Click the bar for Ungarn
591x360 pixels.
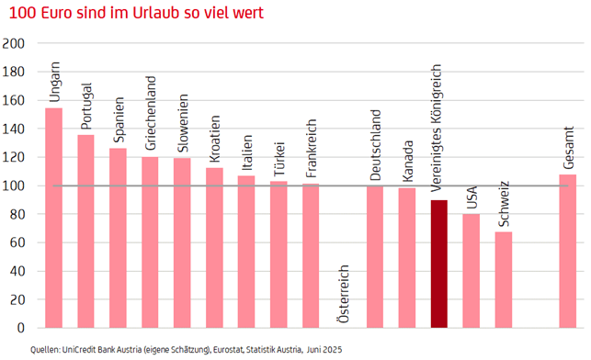coord(54,218)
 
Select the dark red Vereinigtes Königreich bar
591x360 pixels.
coord(439,264)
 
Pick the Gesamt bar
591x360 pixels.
coord(568,251)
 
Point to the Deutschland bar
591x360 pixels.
coord(375,256)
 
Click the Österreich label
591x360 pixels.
coord(343,294)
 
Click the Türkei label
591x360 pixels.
coord(279,158)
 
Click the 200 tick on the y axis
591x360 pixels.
coord(16,43)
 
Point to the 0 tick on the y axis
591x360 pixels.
coord(22,327)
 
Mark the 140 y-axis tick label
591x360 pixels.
coord(16,129)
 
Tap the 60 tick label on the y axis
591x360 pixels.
coord(18,242)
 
